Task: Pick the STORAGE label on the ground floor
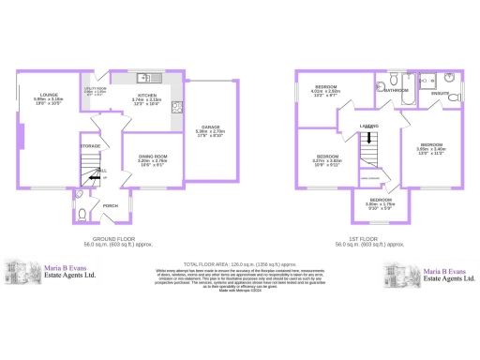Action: click(90, 146)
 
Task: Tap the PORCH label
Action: click(111, 205)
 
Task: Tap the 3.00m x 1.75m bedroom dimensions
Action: click(380, 204)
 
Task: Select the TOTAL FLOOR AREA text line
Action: click(239, 265)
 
